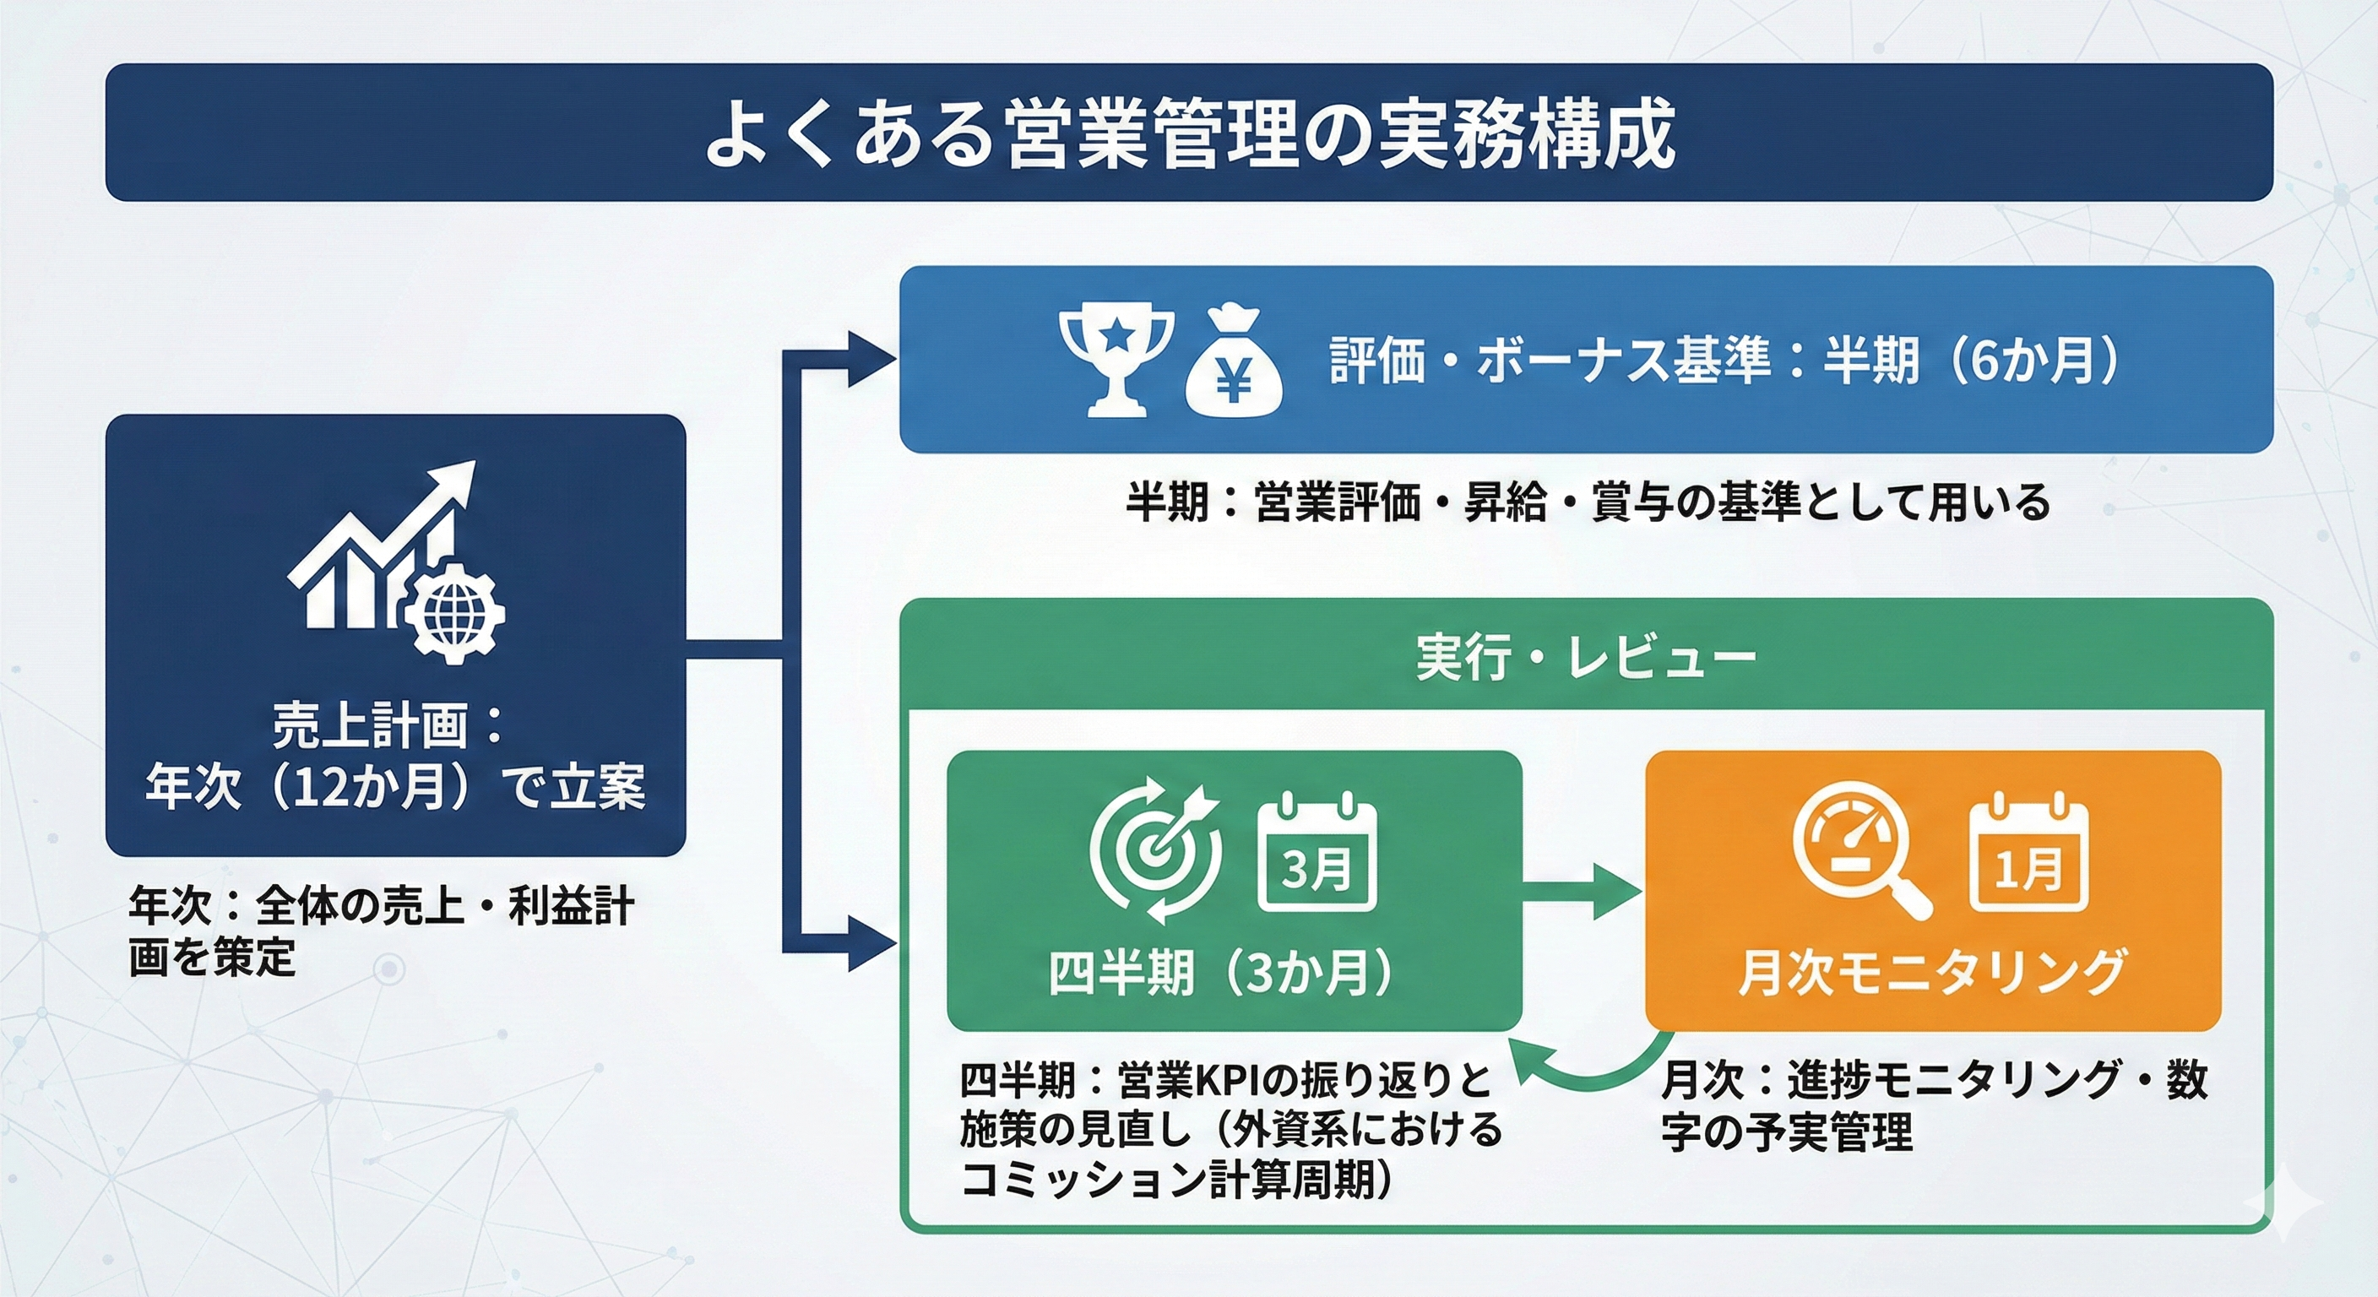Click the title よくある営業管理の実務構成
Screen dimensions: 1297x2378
point(1189,134)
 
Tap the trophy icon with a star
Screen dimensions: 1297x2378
point(1116,361)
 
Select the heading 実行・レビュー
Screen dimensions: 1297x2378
point(1585,658)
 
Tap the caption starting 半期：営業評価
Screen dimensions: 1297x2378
point(1587,503)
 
